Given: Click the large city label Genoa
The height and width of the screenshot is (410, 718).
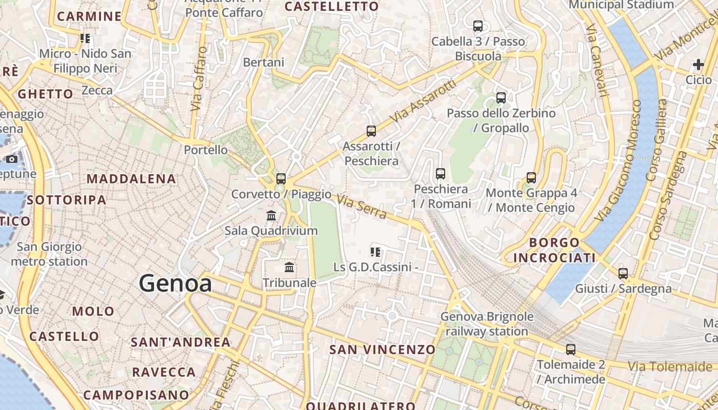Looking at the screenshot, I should click(x=175, y=283).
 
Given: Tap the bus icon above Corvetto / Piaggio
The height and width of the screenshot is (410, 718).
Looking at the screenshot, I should click(x=281, y=179).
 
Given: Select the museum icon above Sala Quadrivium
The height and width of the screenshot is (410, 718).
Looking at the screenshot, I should click(x=271, y=216).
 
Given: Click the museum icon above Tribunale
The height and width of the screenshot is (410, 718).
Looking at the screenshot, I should click(x=289, y=268).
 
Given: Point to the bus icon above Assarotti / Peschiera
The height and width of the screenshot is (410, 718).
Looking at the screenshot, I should click(x=371, y=131).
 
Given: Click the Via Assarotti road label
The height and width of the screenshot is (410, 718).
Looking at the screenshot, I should click(x=423, y=101).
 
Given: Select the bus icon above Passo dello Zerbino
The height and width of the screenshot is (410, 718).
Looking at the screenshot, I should click(x=501, y=98).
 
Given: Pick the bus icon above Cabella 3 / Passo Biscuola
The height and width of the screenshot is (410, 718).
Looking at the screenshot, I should click(x=478, y=26).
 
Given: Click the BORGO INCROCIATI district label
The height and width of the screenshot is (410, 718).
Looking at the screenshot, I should click(x=554, y=250).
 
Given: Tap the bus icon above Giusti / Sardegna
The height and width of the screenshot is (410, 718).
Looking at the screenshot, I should click(x=623, y=274).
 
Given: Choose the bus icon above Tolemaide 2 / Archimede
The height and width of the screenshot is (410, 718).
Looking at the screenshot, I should click(x=571, y=350).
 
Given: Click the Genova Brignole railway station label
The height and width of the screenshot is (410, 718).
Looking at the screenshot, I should click(x=487, y=324).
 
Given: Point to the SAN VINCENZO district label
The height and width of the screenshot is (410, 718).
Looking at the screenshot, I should click(x=382, y=350).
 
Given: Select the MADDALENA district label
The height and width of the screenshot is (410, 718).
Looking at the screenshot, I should click(x=131, y=179).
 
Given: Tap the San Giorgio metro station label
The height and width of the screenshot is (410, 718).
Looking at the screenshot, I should click(x=49, y=254).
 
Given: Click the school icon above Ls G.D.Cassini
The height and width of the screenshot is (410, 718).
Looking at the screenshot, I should click(x=375, y=252).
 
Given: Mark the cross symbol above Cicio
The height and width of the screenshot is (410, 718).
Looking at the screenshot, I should click(x=698, y=65).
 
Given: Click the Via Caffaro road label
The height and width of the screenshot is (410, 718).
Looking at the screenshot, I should click(x=198, y=79).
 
